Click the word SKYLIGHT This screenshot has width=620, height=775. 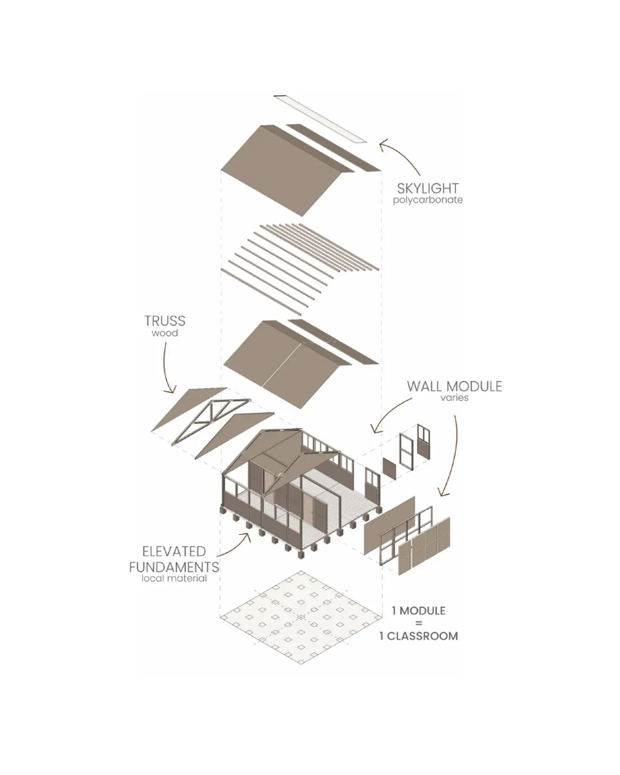(427, 189)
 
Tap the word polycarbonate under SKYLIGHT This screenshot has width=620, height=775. (427, 200)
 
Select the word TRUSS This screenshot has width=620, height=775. (165, 321)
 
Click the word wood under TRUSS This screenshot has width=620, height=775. (165, 333)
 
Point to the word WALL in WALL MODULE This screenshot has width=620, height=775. (425, 386)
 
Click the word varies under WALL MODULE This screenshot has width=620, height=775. (454, 398)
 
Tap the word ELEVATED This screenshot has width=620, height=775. (174, 551)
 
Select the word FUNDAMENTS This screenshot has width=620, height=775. (174, 567)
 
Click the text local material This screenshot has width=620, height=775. (174, 579)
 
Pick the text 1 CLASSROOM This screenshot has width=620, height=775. (419, 636)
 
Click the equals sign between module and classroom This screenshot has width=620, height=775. (419, 624)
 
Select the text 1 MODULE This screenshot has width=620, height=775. (419, 611)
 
